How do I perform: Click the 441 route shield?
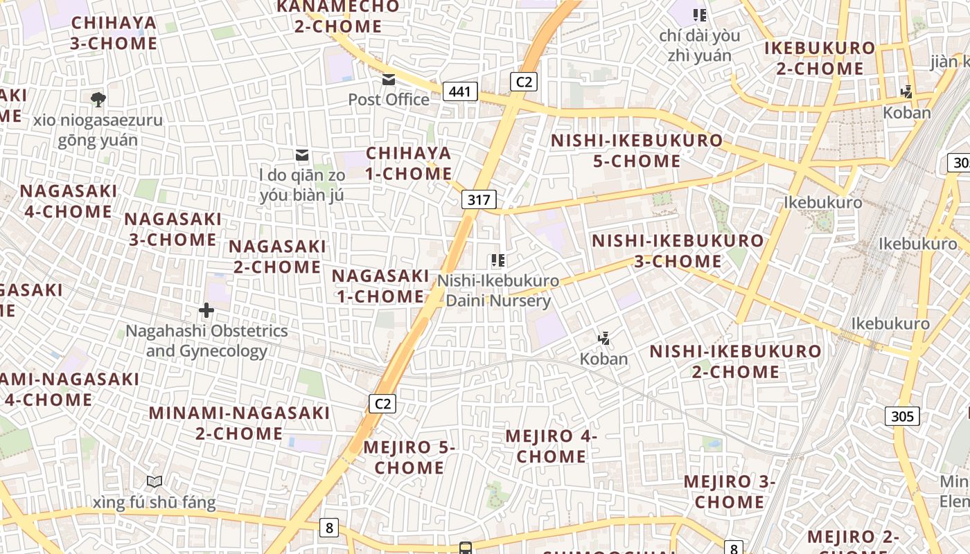click(461, 91)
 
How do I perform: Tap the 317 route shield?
click(479, 200)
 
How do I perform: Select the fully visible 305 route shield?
click(902, 416)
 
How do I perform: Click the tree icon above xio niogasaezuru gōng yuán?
click(98, 99)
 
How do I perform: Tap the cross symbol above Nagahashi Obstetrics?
click(206, 310)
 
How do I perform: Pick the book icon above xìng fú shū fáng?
click(155, 481)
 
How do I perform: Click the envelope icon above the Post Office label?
click(389, 80)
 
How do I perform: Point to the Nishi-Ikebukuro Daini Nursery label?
click(498, 291)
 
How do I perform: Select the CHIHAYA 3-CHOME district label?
click(114, 33)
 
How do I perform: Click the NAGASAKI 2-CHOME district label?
click(277, 256)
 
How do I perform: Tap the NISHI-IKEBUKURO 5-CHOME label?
click(637, 151)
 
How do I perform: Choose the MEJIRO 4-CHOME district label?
click(552, 447)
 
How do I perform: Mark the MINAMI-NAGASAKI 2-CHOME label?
click(240, 423)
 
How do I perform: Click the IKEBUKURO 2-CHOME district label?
click(820, 59)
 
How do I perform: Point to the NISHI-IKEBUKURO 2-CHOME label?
click(735, 361)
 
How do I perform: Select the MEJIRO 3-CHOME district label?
click(730, 492)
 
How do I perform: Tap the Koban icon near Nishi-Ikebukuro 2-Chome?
click(604, 339)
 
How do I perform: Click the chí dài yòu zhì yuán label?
click(699, 45)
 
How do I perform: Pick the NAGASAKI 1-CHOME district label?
click(380, 286)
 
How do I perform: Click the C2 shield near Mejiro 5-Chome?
click(382, 404)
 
